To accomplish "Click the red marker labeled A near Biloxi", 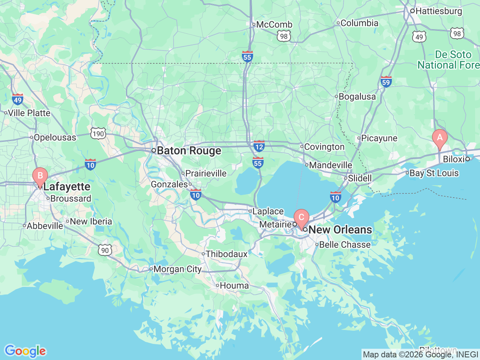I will pos(439,138).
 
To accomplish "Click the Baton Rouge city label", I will pos(189,151).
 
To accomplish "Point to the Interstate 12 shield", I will pos(259,146).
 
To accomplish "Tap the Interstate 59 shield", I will pos(386,81).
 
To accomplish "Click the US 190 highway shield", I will pos(98,133).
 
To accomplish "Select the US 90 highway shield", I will pos(105,250).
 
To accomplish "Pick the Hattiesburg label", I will pos(438,11).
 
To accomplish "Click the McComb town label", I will pos(274,25).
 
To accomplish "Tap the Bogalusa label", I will pos(357,97).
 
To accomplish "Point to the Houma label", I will pos(234,286).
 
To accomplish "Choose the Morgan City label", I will pos(177,269).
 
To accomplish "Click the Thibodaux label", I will pos(226,254).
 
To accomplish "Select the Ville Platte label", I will pos(29,113).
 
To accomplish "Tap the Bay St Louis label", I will pos(434,173).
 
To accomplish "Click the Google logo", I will pos(25,351).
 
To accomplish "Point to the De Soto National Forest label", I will pos(448,60).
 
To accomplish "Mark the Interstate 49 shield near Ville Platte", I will pos(17,99).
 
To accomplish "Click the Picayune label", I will pos(379,138).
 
